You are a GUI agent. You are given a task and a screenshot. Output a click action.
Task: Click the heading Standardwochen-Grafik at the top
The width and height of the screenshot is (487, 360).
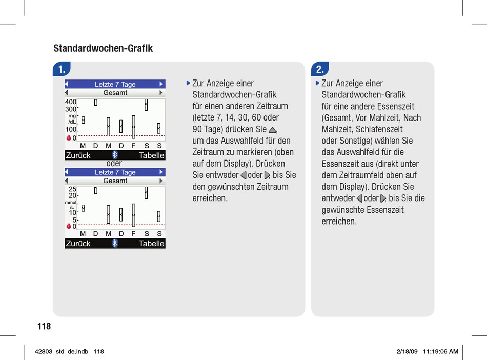pyautogui.click(x=103, y=49)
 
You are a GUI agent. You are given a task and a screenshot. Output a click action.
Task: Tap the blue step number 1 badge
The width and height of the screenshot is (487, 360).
pyautogui.click(x=62, y=69)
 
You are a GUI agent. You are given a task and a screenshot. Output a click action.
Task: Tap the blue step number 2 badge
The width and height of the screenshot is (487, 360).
pyautogui.click(x=320, y=69)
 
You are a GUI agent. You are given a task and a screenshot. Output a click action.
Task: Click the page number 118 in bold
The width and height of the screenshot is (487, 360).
pyautogui.click(x=44, y=327)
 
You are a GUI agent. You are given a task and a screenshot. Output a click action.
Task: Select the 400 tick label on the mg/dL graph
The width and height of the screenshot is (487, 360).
pyautogui.click(x=71, y=102)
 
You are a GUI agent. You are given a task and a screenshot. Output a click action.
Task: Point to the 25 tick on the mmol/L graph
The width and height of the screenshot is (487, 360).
pyautogui.click(x=72, y=189)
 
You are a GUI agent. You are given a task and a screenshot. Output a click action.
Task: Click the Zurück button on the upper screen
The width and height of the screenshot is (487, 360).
pyautogui.click(x=78, y=155)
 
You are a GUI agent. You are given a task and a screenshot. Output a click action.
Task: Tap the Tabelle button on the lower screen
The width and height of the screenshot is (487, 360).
pyautogui.click(x=152, y=244)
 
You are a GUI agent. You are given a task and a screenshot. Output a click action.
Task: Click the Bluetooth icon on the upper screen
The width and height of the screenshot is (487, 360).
pyautogui.click(x=115, y=155)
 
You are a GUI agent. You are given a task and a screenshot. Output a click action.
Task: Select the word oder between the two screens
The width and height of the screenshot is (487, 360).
pyautogui.click(x=114, y=164)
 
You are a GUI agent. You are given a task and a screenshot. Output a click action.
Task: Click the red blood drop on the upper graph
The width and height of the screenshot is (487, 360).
pyautogui.click(x=69, y=138)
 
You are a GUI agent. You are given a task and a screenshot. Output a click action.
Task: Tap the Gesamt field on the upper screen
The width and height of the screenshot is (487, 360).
pyautogui.click(x=115, y=93)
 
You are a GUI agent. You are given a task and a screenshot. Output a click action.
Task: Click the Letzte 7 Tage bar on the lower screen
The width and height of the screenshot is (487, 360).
pyautogui.click(x=115, y=172)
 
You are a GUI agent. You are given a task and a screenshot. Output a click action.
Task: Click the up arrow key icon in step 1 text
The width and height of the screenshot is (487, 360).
pyautogui.click(x=273, y=130)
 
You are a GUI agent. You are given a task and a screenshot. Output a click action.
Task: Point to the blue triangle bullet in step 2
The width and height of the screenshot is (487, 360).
pyautogui.click(x=317, y=83)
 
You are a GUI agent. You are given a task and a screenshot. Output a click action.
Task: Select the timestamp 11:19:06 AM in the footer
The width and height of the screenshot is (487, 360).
pyautogui.click(x=439, y=351)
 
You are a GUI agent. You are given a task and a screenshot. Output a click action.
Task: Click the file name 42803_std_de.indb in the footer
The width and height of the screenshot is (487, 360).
pyautogui.click(x=61, y=351)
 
